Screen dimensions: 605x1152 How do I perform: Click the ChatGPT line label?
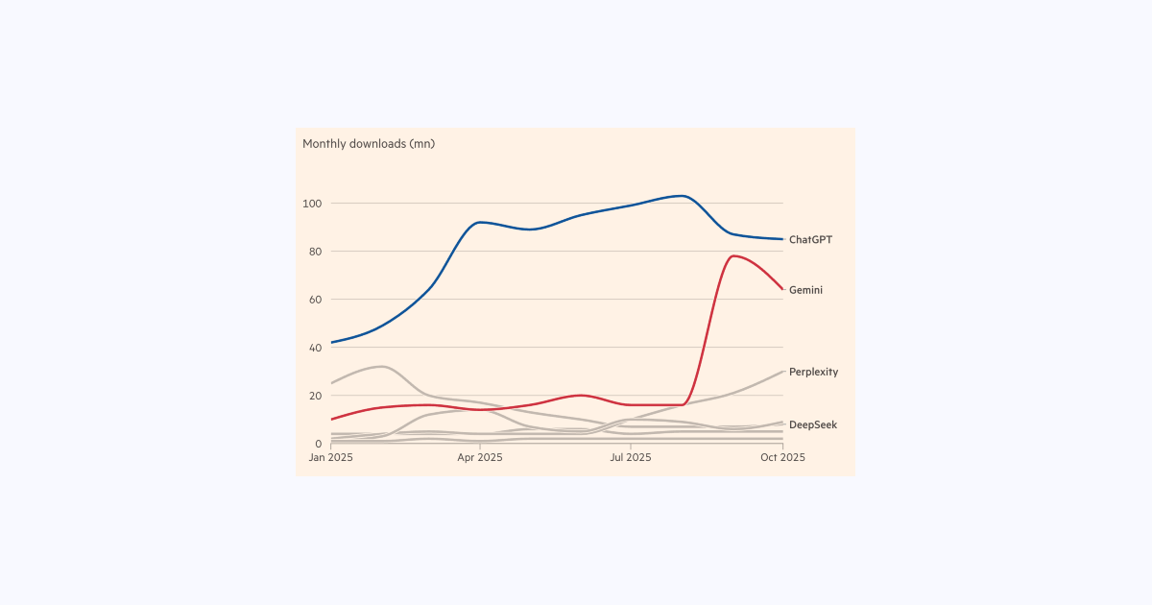click(810, 240)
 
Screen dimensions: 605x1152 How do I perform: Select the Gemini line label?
click(805, 290)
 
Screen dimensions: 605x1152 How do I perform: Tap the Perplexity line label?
click(813, 372)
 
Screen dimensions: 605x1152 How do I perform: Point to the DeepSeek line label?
click(812, 424)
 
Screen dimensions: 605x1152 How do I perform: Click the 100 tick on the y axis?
click(312, 204)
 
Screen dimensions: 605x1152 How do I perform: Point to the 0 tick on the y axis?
click(318, 444)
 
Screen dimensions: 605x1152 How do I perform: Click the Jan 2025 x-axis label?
click(330, 458)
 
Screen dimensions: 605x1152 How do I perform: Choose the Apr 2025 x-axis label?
click(480, 458)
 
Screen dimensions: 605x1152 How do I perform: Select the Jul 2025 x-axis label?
click(630, 458)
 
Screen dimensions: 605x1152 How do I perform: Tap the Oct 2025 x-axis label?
click(782, 458)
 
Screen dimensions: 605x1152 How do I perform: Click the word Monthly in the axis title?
click(324, 144)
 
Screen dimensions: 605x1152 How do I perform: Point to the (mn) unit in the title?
click(421, 144)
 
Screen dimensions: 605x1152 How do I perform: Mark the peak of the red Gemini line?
click(733, 255)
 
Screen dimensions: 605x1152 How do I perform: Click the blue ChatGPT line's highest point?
click(681, 196)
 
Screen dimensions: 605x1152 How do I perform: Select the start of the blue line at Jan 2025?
click(331, 342)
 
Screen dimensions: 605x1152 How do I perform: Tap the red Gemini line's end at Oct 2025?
click(782, 289)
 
